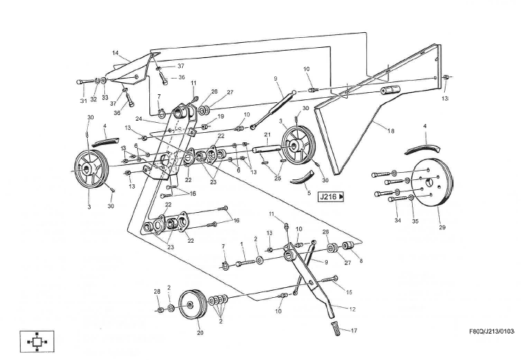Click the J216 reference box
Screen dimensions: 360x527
(x=331, y=196)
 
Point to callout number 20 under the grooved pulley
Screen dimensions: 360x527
(x=200, y=332)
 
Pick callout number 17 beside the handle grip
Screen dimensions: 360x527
(x=354, y=331)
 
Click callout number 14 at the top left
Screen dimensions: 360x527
(x=115, y=53)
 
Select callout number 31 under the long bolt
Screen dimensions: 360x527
(x=83, y=101)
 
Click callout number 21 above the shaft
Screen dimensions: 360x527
(x=266, y=134)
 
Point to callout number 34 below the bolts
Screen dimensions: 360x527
(x=398, y=221)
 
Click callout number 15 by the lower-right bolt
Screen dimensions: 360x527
(x=348, y=292)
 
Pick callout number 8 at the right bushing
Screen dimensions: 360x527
(x=361, y=261)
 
